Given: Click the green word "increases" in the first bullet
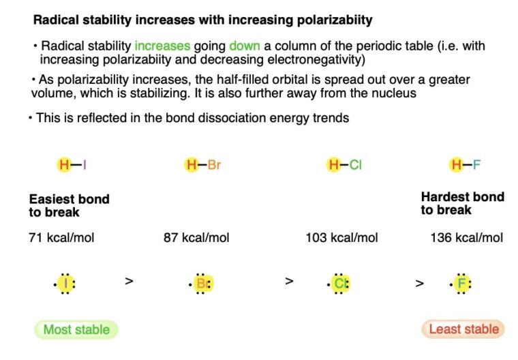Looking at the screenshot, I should point(162,46).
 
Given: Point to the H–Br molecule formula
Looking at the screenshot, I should point(203,165).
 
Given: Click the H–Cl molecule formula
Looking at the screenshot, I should point(345,165).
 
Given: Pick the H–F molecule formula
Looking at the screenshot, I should point(466,165).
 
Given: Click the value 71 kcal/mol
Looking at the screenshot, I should point(61,238).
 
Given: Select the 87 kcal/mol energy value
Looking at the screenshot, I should point(196,238).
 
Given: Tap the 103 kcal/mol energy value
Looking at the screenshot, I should point(341,238).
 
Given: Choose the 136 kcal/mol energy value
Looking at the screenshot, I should point(467,238).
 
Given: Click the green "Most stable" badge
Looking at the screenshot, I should point(76,330).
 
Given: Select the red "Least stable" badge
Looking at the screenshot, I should point(463,330).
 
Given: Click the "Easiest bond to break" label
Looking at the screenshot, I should point(69,205).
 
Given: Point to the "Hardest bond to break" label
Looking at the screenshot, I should point(462,203).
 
